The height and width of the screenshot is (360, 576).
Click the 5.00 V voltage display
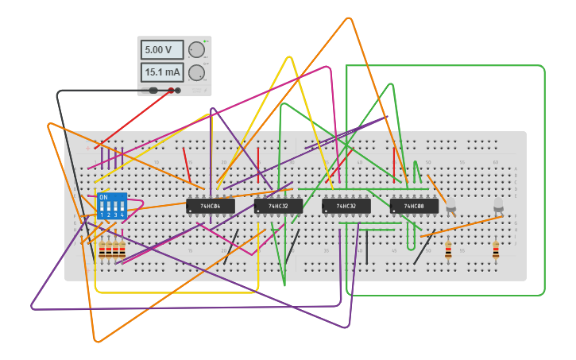coord(162,49)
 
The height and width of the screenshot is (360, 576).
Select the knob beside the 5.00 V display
coord(196,50)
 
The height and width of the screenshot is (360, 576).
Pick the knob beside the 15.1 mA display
coord(196,73)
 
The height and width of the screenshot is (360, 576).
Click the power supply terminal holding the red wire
coord(171,91)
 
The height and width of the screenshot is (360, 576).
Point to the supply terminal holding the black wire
coord(153,91)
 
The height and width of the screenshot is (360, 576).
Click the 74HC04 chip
coord(210,207)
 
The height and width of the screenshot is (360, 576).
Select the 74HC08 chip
coord(414,207)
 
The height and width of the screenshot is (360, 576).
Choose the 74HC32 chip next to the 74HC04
coord(278,207)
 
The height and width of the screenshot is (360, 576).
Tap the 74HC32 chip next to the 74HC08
coord(346,207)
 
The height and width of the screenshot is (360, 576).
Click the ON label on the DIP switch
coord(103,197)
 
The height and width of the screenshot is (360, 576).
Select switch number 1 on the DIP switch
coord(102,207)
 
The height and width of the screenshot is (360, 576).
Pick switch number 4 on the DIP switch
coord(122,207)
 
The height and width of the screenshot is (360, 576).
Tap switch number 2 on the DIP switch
coord(108,207)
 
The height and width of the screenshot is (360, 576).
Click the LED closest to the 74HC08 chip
coord(451,207)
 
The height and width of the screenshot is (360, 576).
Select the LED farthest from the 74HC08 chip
coord(498,205)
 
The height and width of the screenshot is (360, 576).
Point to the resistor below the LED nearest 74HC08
coord(448,250)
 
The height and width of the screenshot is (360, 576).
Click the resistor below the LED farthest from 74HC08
coord(496,250)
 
